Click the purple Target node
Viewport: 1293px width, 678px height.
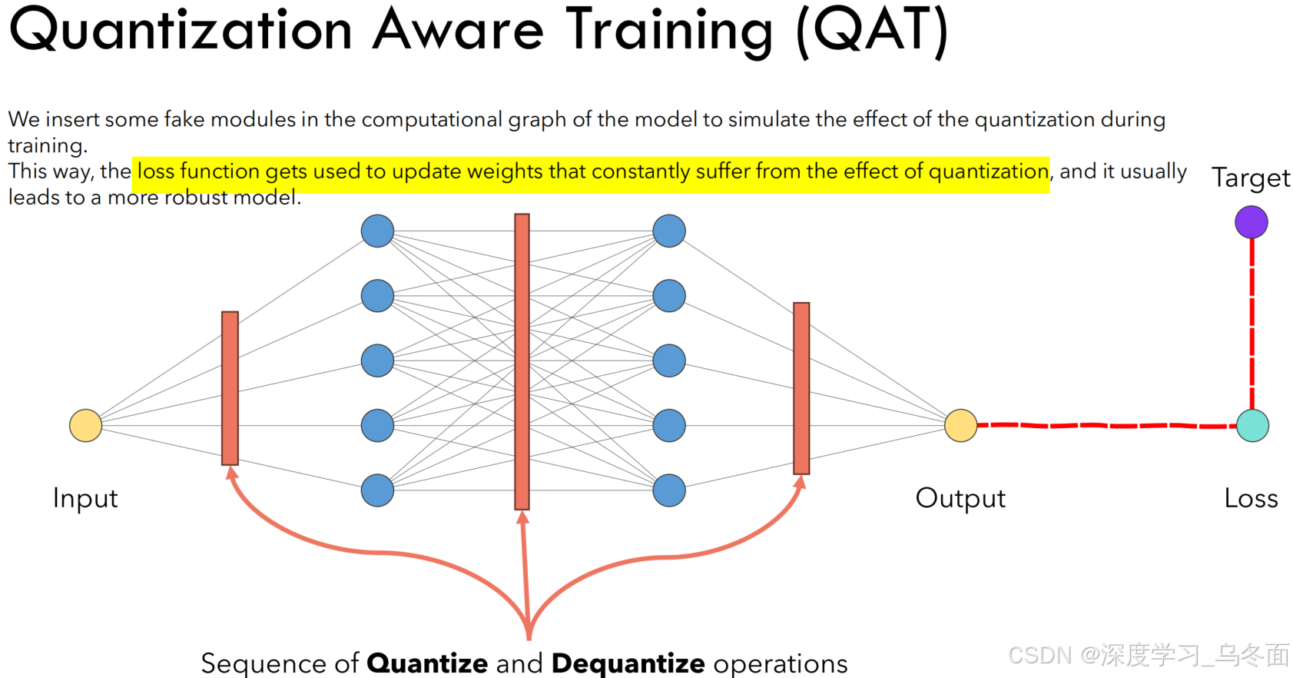pos(1251,222)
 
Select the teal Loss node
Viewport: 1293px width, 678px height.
pos(1252,426)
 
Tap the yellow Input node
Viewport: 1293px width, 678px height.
pos(85,425)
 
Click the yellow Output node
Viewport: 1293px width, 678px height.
pos(960,425)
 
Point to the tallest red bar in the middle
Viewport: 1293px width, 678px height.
pos(522,361)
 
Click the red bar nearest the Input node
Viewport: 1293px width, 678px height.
pos(230,388)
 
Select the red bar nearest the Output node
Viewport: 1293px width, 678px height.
pos(801,388)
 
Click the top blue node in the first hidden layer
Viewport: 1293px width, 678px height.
pos(377,231)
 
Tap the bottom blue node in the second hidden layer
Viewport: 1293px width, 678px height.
pos(669,490)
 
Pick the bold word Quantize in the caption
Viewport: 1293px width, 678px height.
pos(427,663)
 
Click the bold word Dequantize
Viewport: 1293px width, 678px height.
pos(628,663)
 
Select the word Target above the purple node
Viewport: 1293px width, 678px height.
pos(1251,178)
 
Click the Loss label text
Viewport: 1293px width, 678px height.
pos(1251,498)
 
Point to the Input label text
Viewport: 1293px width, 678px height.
pos(85,498)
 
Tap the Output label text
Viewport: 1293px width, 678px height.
pos(960,498)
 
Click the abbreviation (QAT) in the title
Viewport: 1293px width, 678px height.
pos(873,31)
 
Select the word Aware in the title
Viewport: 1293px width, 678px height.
pos(458,31)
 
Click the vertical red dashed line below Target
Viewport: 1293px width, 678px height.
pos(1252,323)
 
